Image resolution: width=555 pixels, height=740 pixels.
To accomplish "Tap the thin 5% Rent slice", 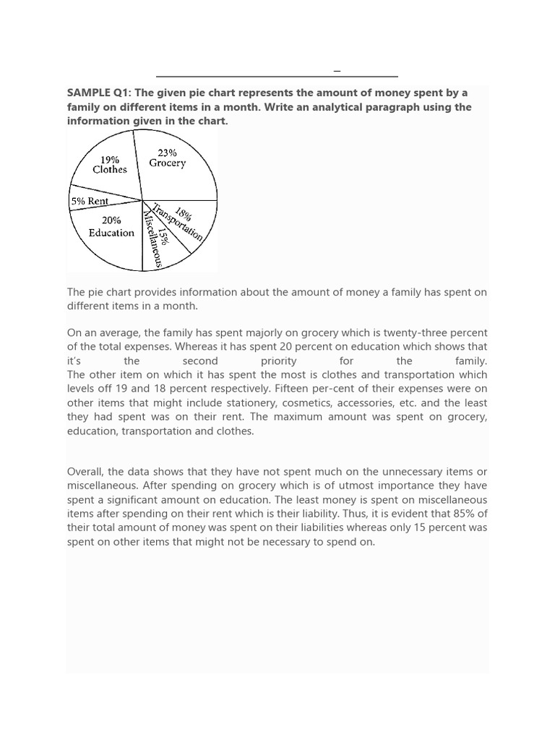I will [x=90, y=201].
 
